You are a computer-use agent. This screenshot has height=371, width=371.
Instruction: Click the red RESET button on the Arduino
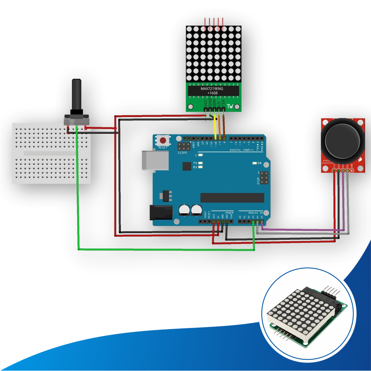163,140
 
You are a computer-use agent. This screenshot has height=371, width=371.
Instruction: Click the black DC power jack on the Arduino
161,213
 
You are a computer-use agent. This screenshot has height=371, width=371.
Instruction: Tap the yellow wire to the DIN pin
215,128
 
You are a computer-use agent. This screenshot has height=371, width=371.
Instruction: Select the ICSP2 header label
182,152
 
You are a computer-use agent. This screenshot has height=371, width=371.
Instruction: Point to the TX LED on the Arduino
201,163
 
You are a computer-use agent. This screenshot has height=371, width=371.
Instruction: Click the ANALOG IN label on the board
256,213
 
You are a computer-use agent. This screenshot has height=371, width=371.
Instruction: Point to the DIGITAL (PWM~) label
241,150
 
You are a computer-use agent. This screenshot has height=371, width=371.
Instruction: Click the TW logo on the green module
231,106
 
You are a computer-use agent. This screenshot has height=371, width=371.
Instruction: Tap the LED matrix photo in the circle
304,314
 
